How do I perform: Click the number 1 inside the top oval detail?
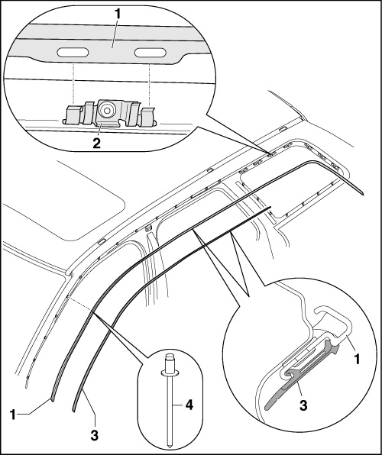click(x=117, y=15)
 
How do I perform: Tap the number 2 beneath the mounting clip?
click(x=97, y=143)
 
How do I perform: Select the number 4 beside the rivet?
click(x=189, y=405)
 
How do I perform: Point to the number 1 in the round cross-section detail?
click(x=357, y=359)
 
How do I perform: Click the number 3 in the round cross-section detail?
click(x=303, y=405)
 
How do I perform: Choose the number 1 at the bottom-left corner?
click(x=13, y=415)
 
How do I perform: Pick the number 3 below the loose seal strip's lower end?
click(x=95, y=436)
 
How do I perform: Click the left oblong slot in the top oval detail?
click(x=73, y=52)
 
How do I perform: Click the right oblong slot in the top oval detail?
click(x=151, y=53)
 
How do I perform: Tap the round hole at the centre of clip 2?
click(x=107, y=110)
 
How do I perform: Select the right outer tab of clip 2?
click(x=148, y=116)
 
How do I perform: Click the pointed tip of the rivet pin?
click(x=169, y=446)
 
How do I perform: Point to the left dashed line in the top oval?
click(x=73, y=84)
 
